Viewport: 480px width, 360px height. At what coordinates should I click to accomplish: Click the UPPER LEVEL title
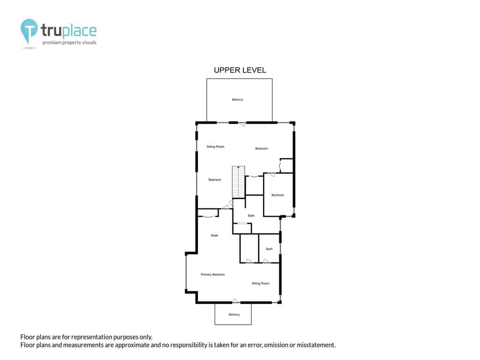coord(240,70)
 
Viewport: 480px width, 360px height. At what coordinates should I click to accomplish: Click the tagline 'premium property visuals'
coord(69,43)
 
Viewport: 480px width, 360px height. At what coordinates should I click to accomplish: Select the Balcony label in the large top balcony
coord(238,99)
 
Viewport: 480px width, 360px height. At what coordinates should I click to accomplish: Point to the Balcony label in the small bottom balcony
coord(234,315)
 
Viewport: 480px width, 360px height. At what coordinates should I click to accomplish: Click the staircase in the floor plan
coord(239,182)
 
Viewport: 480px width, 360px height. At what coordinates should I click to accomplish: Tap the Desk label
coord(214,235)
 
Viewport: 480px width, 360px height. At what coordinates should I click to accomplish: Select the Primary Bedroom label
coord(213,275)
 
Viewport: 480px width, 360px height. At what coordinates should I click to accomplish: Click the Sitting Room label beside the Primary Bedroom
coord(261,284)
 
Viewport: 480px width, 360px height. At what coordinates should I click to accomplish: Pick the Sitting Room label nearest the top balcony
coord(215,147)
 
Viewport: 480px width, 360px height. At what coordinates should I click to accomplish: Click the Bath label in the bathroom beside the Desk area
coord(251,216)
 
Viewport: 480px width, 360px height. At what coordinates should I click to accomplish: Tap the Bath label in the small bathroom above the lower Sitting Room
coord(269,249)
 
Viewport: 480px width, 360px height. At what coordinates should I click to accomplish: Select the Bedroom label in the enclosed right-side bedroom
coord(277,195)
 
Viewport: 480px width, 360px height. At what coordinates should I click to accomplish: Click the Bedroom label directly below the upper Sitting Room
coord(215,180)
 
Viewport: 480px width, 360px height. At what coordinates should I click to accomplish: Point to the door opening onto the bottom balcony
coord(236,301)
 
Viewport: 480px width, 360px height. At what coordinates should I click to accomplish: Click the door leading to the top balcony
coord(242,124)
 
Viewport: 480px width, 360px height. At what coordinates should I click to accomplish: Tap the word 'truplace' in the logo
coord(68,30)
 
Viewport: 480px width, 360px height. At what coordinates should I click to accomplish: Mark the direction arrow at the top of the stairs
coord(239,167)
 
